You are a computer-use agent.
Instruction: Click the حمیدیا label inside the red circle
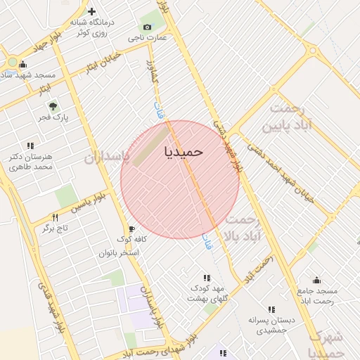pos(184,151)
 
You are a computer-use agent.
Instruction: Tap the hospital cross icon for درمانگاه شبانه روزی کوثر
pos(92,11)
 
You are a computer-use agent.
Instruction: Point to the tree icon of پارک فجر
pos(53,106)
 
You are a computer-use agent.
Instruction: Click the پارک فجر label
pos(56,117)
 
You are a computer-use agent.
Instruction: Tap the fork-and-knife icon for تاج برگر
pos(55,217)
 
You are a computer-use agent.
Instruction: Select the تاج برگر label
pos(56,229)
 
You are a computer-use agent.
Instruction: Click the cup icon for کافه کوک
pos(131,229)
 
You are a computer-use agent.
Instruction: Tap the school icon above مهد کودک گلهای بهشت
pos(207,278)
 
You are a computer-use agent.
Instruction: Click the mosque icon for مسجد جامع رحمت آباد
pos(316,280)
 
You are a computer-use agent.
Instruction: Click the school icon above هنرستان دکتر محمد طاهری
pos(30,145)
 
